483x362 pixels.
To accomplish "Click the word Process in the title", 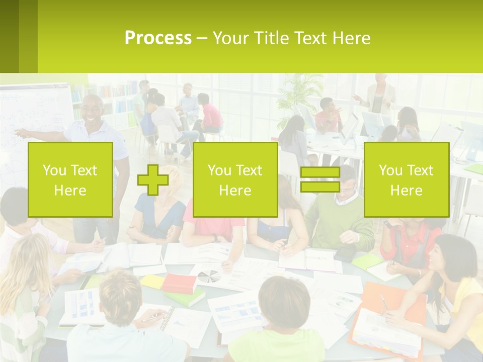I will (x=158, y=38).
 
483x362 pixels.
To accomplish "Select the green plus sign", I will (x=152, y=180).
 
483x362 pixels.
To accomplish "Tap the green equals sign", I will (x=320, y=180).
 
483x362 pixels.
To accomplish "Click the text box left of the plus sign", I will (x=70, y=180).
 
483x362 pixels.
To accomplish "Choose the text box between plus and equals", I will (x=235, y=180).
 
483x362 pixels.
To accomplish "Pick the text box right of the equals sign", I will (x=406, y=180).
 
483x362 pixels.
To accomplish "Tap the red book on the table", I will (x=179, y=283).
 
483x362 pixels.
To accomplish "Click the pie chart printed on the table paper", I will (x=208, y=276).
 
